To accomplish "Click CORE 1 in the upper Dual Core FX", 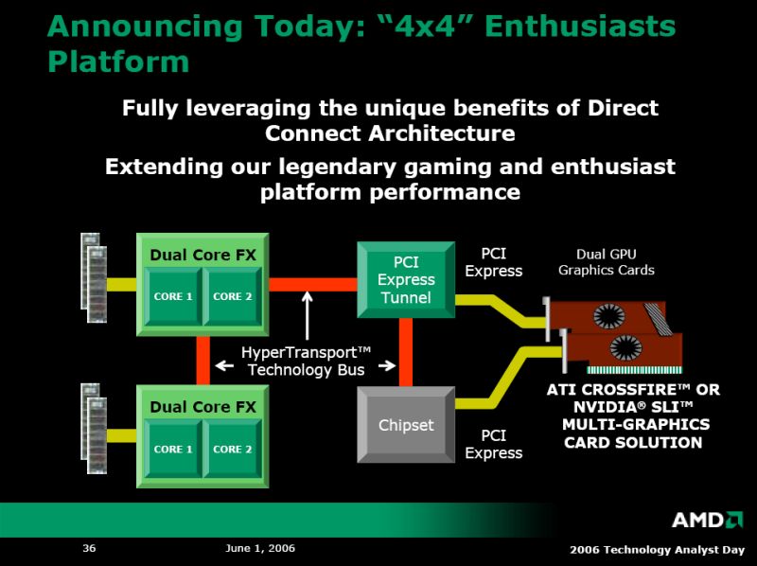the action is point(173,296).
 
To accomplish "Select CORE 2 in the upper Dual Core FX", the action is point(232,296).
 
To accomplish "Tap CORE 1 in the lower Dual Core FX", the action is point(173,449).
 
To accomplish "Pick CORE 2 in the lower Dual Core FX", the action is point(232,449).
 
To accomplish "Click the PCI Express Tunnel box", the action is point(406,279).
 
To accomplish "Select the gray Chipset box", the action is point(406,425).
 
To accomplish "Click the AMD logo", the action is point(708,520).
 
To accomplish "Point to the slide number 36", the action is point(89,548).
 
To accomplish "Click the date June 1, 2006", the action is point(260,548).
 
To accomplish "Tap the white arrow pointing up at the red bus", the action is point(307,315).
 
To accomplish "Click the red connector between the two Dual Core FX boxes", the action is point(203,361).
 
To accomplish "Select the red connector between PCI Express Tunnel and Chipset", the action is point(406,352).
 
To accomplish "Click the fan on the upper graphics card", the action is point(608,316).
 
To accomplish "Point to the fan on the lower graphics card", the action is point(626,348).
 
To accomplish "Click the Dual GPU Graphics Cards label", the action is point(607,262).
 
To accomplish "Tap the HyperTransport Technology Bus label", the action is point(306,362).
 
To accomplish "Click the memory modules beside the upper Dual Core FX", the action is point(94,277).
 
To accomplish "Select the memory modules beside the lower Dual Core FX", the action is point(94,429).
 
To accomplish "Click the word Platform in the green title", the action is point(118,62).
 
